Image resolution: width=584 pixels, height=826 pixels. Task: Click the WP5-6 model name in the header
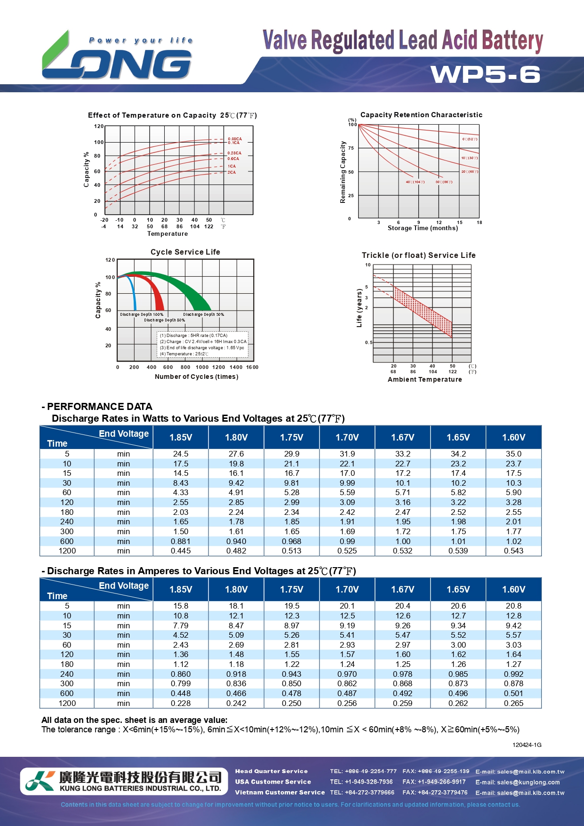485,74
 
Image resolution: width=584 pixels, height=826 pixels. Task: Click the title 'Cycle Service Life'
185,252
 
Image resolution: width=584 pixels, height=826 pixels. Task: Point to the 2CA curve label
232,172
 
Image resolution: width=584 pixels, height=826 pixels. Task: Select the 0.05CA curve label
234,139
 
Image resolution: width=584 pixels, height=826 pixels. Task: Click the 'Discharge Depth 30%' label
203,314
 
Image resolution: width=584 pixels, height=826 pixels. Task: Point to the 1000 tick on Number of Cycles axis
202,367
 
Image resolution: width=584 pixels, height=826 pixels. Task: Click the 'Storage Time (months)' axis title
423,228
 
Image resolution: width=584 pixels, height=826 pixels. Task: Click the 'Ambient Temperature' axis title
424,379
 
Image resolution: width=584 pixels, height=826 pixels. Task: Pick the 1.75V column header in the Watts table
292,437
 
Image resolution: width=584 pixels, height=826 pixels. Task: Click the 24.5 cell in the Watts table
181,454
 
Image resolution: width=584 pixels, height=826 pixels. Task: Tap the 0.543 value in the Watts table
513,551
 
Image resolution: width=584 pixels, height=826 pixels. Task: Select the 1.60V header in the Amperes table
513,589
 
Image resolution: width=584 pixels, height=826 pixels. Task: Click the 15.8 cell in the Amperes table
181,606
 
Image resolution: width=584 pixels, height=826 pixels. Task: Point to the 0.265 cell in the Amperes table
513,703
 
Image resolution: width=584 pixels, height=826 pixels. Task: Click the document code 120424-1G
527,745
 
